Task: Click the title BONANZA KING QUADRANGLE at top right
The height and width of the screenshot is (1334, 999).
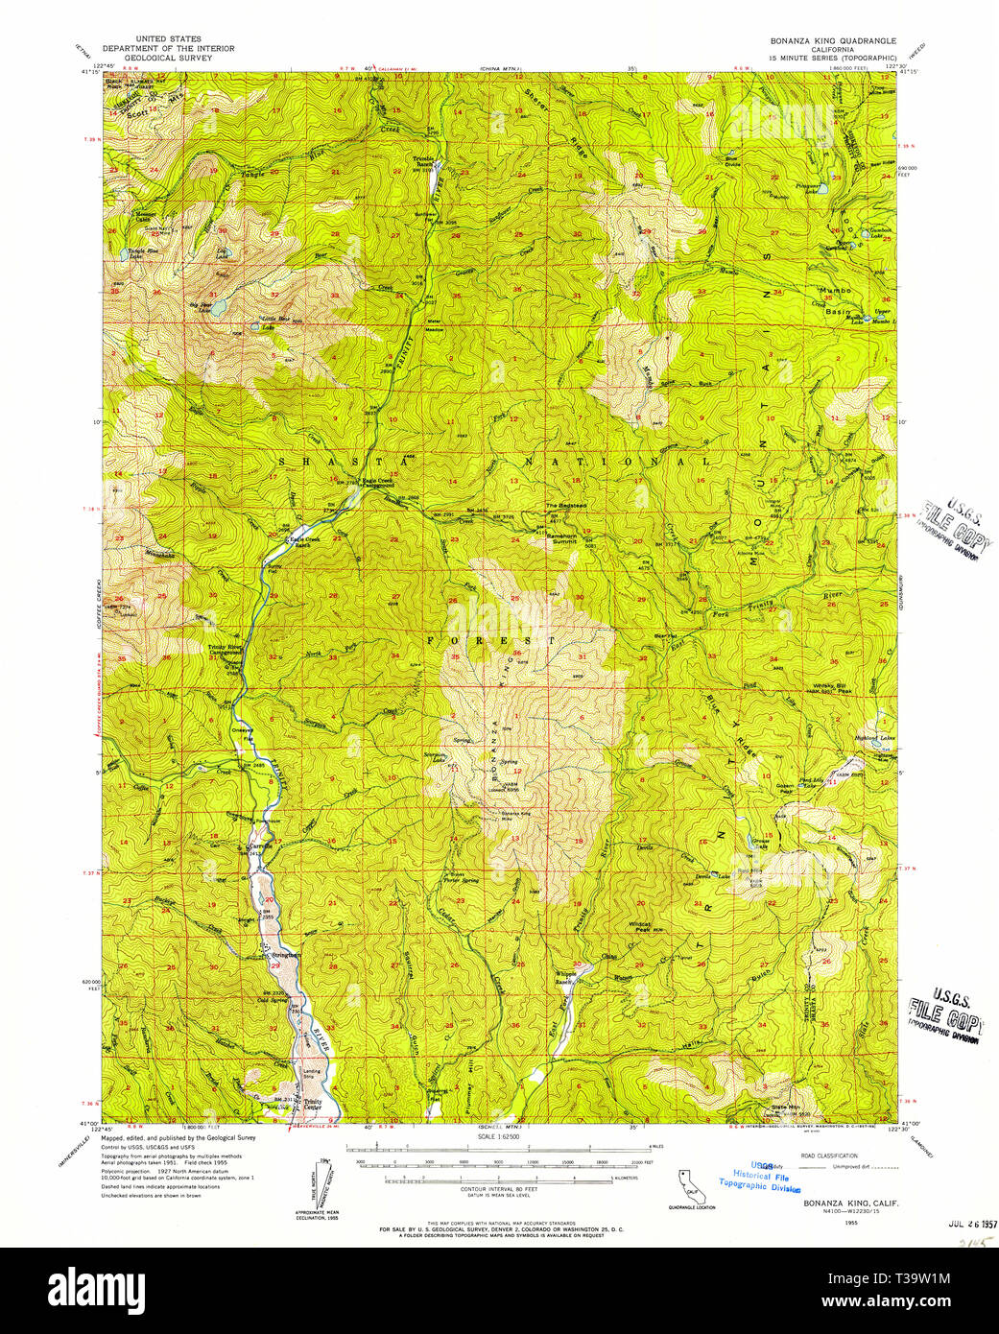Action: (x=832, y=41)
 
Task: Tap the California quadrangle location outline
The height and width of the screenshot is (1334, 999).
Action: (x=697, y=1186)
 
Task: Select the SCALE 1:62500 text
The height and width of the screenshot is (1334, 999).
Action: (x=498, y=1138)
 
